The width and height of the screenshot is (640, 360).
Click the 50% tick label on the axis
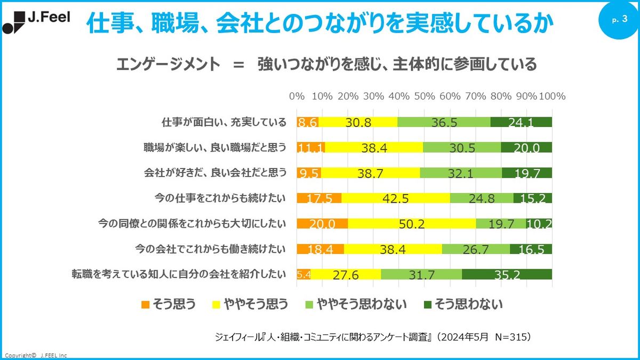425,97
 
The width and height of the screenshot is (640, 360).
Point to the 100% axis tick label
552,97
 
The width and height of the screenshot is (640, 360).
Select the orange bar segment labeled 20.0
322,223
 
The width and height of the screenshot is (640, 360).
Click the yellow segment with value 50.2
412,223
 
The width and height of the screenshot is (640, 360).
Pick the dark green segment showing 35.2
507,274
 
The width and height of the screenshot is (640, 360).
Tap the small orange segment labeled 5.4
303,274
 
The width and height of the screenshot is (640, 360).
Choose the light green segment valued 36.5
444,122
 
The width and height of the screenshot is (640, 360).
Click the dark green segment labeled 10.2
539,223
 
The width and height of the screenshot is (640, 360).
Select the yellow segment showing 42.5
396,198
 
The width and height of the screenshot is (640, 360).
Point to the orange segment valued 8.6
308,122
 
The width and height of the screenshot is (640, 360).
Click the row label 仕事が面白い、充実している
224,122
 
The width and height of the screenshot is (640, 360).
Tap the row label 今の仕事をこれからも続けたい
220,198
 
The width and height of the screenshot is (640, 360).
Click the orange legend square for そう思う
145,305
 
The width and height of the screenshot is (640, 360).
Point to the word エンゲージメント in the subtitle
168,65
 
